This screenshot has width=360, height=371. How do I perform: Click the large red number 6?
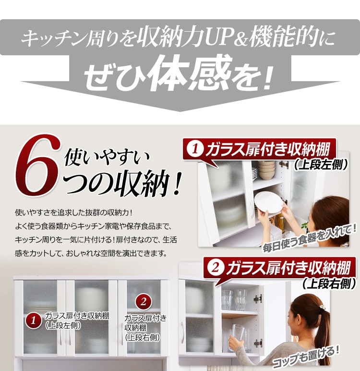click(38, 166)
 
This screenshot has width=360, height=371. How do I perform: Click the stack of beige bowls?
click(266, 170)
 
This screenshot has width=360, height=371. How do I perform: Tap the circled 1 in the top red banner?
click(195, 149)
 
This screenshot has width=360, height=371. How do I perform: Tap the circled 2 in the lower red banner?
click(215, 268)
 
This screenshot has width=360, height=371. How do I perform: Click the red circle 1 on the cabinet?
click(33, 321)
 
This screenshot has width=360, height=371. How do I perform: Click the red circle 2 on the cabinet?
click(143, 302)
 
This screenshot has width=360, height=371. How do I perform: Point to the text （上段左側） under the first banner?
click(321, 164)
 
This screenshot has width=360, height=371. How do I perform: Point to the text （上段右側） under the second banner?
click(329, 283)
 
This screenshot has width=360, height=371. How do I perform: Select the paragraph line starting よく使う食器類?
click(93, 226)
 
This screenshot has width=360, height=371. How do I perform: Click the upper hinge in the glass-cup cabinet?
click(258, 299)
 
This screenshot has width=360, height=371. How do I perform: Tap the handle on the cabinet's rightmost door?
click(122, 334)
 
